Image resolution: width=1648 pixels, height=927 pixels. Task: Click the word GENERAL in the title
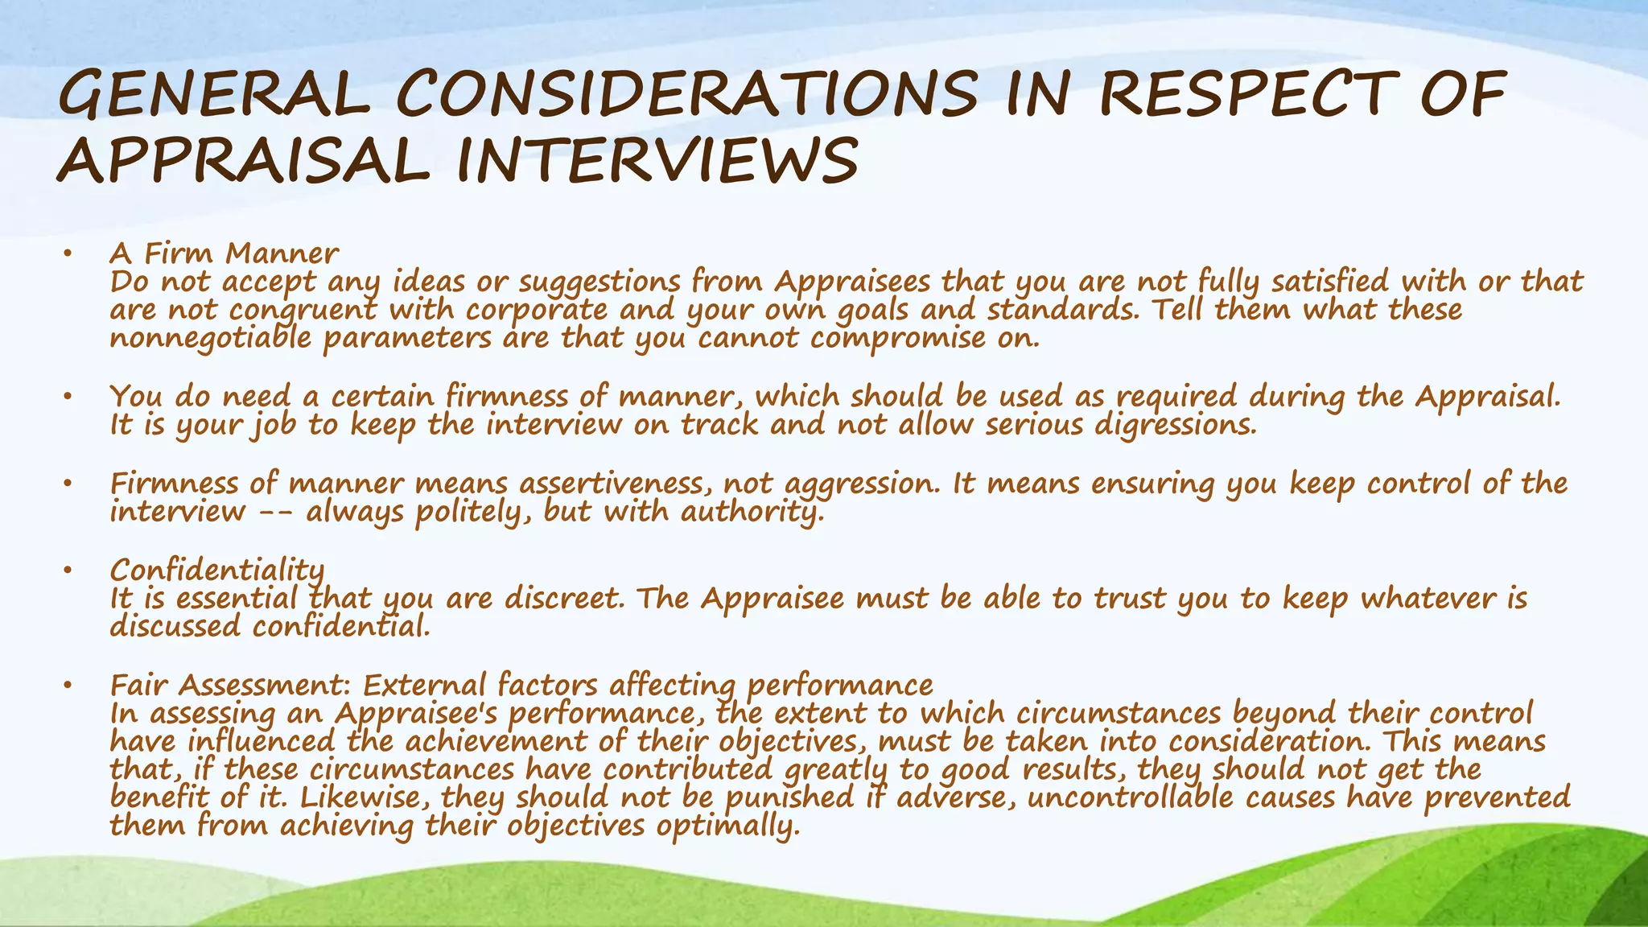pos(212,96)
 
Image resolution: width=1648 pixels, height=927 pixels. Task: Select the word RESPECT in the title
pos(1244,94)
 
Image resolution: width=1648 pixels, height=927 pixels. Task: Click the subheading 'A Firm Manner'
pos(224,253)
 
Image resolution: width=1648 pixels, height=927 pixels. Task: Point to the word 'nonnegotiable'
pos(210,338)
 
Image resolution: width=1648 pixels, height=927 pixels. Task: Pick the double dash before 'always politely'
pos(274,513)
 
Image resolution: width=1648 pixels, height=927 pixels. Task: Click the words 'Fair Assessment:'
pos(230,686)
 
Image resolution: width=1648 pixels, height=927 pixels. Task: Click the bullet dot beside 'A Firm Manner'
pos(68,255)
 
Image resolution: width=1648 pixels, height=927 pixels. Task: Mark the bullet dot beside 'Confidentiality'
pos(68,571)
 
